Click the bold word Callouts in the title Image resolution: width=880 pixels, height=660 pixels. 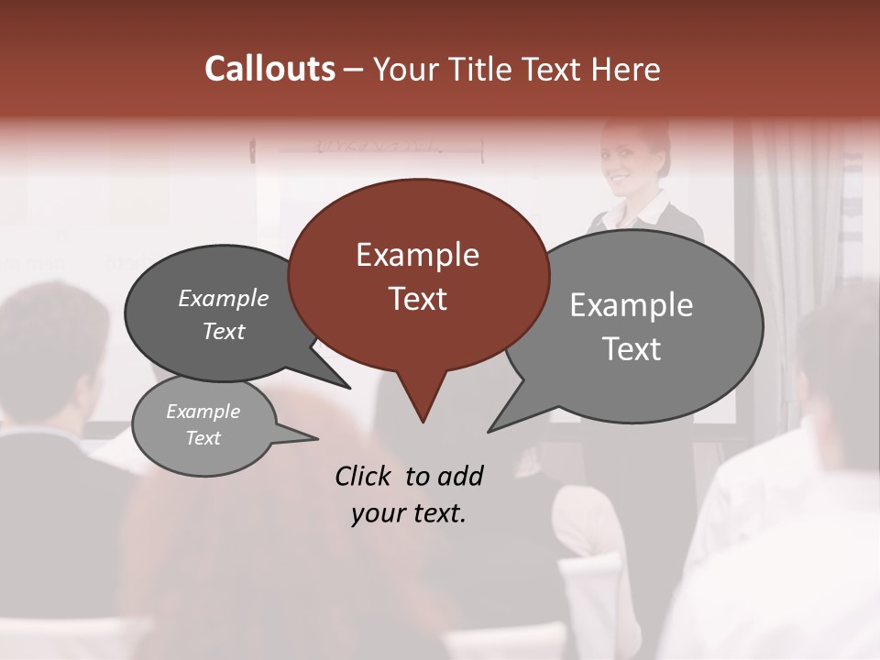(x=269, y=69)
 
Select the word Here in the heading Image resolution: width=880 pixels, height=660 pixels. (x=628, y=69)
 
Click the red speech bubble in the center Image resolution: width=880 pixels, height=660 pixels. (x=418, y=275)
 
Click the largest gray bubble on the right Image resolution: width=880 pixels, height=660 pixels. (x=642, y=325)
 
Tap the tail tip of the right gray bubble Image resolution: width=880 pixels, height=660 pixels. (x=491, y=429)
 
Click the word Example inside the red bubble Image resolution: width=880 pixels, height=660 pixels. (x=417, y=255)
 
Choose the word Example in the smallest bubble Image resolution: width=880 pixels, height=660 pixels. (x=203, y=412)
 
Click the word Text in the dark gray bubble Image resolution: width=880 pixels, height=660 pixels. (x=224, y=332)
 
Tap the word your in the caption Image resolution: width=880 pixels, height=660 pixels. (x=377, y=513)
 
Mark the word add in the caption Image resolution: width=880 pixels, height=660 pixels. (x=460, y=476)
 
